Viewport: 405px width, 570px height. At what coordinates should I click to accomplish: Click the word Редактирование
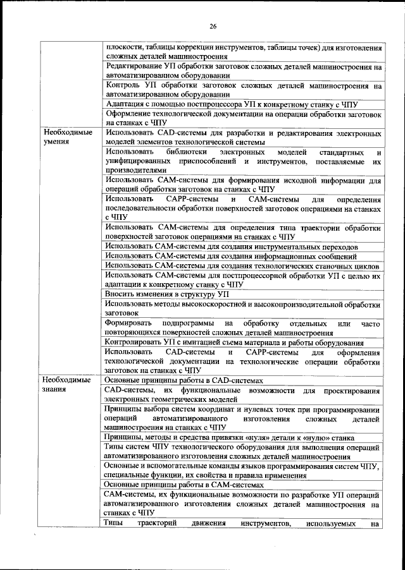click(x=137, y=66)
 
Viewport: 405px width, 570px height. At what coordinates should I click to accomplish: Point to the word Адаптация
click(x=127, y=104)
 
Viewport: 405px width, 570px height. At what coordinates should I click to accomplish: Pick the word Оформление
click(x=131, y=114)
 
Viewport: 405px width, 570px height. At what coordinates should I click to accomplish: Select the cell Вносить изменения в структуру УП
click(x=168, y=295)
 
